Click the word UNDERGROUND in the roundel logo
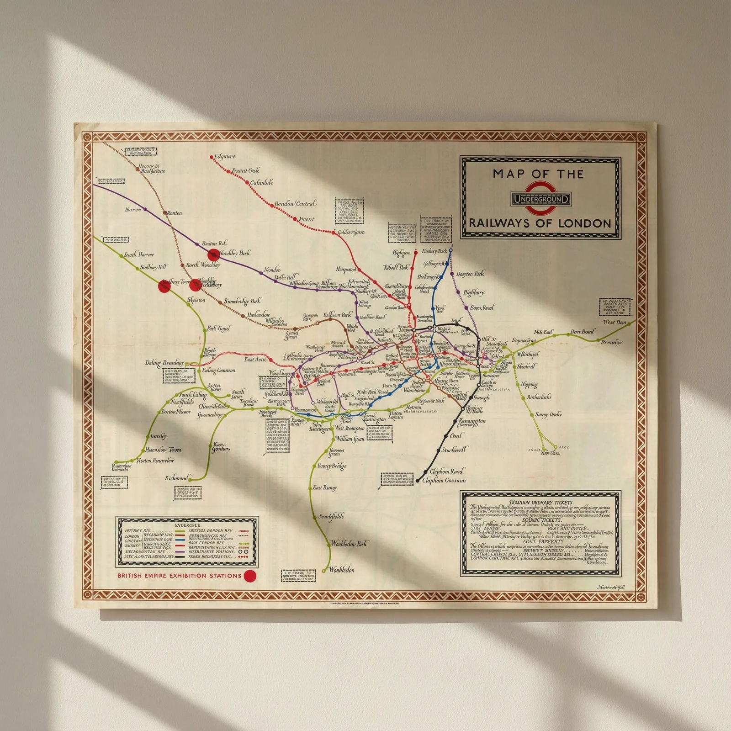click(x=541, y=199)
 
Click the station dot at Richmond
click(x=190, y=479)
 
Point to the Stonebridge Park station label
click(x=242, y=301)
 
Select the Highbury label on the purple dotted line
click(x=474, y=292)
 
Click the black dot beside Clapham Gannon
click(x=418, y=481)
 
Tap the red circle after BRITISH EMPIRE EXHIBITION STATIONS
click(x=250, y=576)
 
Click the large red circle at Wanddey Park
click(x=212, y=254)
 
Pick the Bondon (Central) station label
click(x=296, y=204)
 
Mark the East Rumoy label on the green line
click(x=325, y=487)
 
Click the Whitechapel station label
click(x=528, y=354)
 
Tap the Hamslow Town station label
click(x=163, y=450)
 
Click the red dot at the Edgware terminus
click(x=212, y=157)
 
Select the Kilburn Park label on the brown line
click(x=337, y=315)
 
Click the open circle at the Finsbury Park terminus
click(x=450, y=250)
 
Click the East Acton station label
click(x=255, y=360)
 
